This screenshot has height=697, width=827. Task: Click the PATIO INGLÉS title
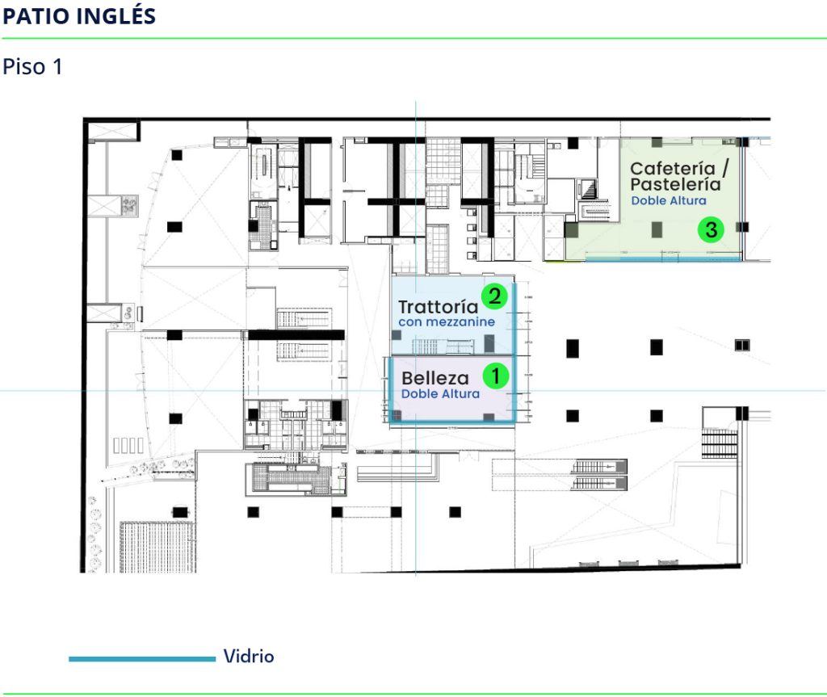point(79,16)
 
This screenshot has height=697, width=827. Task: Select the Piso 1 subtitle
point(32,67)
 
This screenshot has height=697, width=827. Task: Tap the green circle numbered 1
point(495,376)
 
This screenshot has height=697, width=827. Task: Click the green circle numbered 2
point(494,296)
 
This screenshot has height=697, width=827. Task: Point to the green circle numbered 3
point(711,229)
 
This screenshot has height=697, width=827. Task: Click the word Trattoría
point(438,307)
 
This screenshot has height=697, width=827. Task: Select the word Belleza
point(435,378)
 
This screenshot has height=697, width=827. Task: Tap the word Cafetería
point(673,168)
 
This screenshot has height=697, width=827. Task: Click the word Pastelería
point(675,184)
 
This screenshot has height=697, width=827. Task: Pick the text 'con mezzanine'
point(447,322)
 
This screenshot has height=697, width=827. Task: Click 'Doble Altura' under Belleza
point(440,393)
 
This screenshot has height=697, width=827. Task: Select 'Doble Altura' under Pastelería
point(669,200)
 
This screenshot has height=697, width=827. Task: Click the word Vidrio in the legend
point(249,657)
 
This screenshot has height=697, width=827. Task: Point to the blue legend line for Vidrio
point(142,658)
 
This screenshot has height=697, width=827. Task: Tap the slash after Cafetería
point(725,168)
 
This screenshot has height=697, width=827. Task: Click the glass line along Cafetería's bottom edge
point(664,259)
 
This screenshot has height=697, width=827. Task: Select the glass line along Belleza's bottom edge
point(452,422)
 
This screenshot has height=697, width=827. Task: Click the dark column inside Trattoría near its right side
point(489,343)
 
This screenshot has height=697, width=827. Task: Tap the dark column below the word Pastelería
point(657,229)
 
